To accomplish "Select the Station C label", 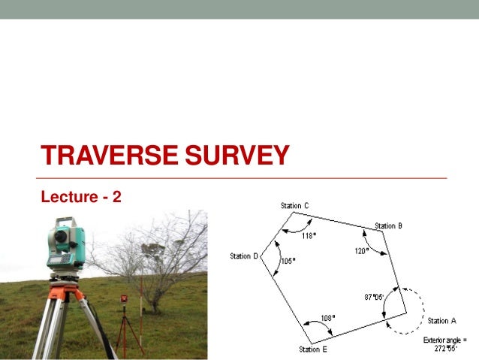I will [x=294, y=206].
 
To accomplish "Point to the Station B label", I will [x=388, y=225].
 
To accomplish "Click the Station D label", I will [x=244, y=256].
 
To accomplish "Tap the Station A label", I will [x=441, y=321].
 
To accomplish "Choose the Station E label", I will [x=313, y=349].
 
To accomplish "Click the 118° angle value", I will [x=309, y=235].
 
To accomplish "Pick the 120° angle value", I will [x=361, y=251].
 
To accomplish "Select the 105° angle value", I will [x=288, y=261].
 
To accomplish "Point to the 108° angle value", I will [x=328, y=317].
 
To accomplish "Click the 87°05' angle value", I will [x=374, y=297].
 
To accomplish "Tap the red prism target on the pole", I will [x=124, y=299].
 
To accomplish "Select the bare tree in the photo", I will [x=161, y=256].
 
